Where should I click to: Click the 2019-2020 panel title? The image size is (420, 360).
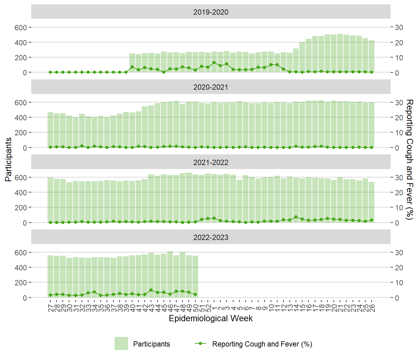point(211,12)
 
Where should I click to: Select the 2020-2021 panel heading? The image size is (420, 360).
point(211,87)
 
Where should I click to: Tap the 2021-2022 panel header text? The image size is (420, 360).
point(211,162)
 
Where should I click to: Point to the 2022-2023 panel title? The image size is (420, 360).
point(211,237)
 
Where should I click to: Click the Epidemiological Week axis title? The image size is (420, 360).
point(211,318)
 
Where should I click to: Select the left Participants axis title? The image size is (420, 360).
point(8,159)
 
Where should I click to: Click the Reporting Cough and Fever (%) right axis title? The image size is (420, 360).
point(409,159)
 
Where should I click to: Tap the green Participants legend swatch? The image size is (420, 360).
point(121,343)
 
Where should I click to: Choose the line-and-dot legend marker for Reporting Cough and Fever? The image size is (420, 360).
point(200,343)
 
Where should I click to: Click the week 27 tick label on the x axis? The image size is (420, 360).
point(51,308)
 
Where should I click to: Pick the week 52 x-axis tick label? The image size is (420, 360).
point(208,308)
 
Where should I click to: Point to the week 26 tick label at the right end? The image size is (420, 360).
point(372,308)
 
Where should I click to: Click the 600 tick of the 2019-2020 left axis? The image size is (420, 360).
point(21,27)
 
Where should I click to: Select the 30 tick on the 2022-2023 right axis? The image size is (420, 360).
point(399,252)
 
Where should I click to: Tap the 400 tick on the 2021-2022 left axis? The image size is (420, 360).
point(21,192)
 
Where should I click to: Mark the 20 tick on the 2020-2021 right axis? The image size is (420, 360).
point(399,117)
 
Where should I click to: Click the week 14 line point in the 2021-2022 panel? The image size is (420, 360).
point(296,217)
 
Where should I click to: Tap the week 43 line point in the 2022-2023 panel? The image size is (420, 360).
point(151,290)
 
